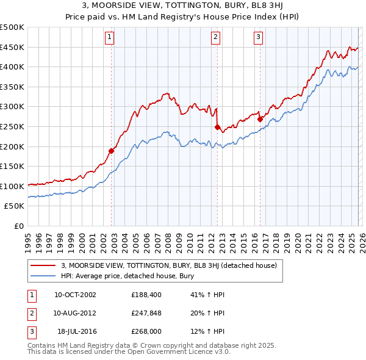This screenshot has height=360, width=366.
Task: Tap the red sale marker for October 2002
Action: click(112, 151)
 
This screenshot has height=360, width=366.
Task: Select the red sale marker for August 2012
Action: click(217, 127)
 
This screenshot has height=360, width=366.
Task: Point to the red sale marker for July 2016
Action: click(260, 120)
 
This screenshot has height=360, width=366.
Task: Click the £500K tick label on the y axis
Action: click(12, 27)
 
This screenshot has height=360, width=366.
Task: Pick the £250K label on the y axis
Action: click(12, 126)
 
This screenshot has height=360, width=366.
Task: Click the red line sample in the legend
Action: click(43, 265)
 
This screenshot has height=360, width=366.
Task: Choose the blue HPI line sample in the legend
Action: click(43, 276)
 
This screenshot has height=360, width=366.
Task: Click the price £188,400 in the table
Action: click(145, 294)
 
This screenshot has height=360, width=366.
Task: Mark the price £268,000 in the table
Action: click(145, 332)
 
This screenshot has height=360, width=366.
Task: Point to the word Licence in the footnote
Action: click(179, 352)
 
